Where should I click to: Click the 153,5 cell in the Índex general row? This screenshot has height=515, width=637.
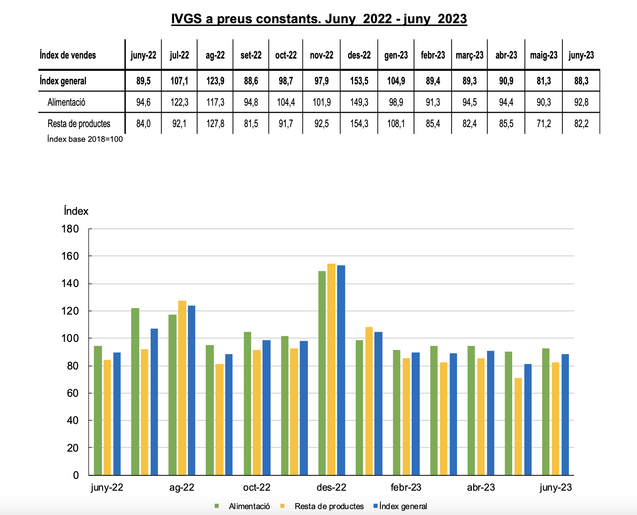pos(359,81)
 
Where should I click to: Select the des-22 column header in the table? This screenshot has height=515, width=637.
pos(359,55)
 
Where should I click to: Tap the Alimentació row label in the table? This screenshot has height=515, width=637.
pos(66,102)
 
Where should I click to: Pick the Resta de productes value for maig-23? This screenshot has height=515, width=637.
pos(543,123)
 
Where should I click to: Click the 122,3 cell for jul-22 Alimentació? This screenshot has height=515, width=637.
pos(179,102)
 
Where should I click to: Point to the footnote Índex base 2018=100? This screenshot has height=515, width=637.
pos(85,139)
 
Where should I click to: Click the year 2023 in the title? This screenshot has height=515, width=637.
pos(452,19)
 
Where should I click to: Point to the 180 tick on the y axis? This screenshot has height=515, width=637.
pos(70,229)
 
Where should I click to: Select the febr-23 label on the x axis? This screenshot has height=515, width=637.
pos(406,487)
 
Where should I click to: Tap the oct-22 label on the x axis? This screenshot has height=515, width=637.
pos(257,487)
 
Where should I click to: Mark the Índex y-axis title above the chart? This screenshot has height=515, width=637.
pos(76,211)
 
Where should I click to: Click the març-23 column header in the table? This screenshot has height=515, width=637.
pos(469,55)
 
